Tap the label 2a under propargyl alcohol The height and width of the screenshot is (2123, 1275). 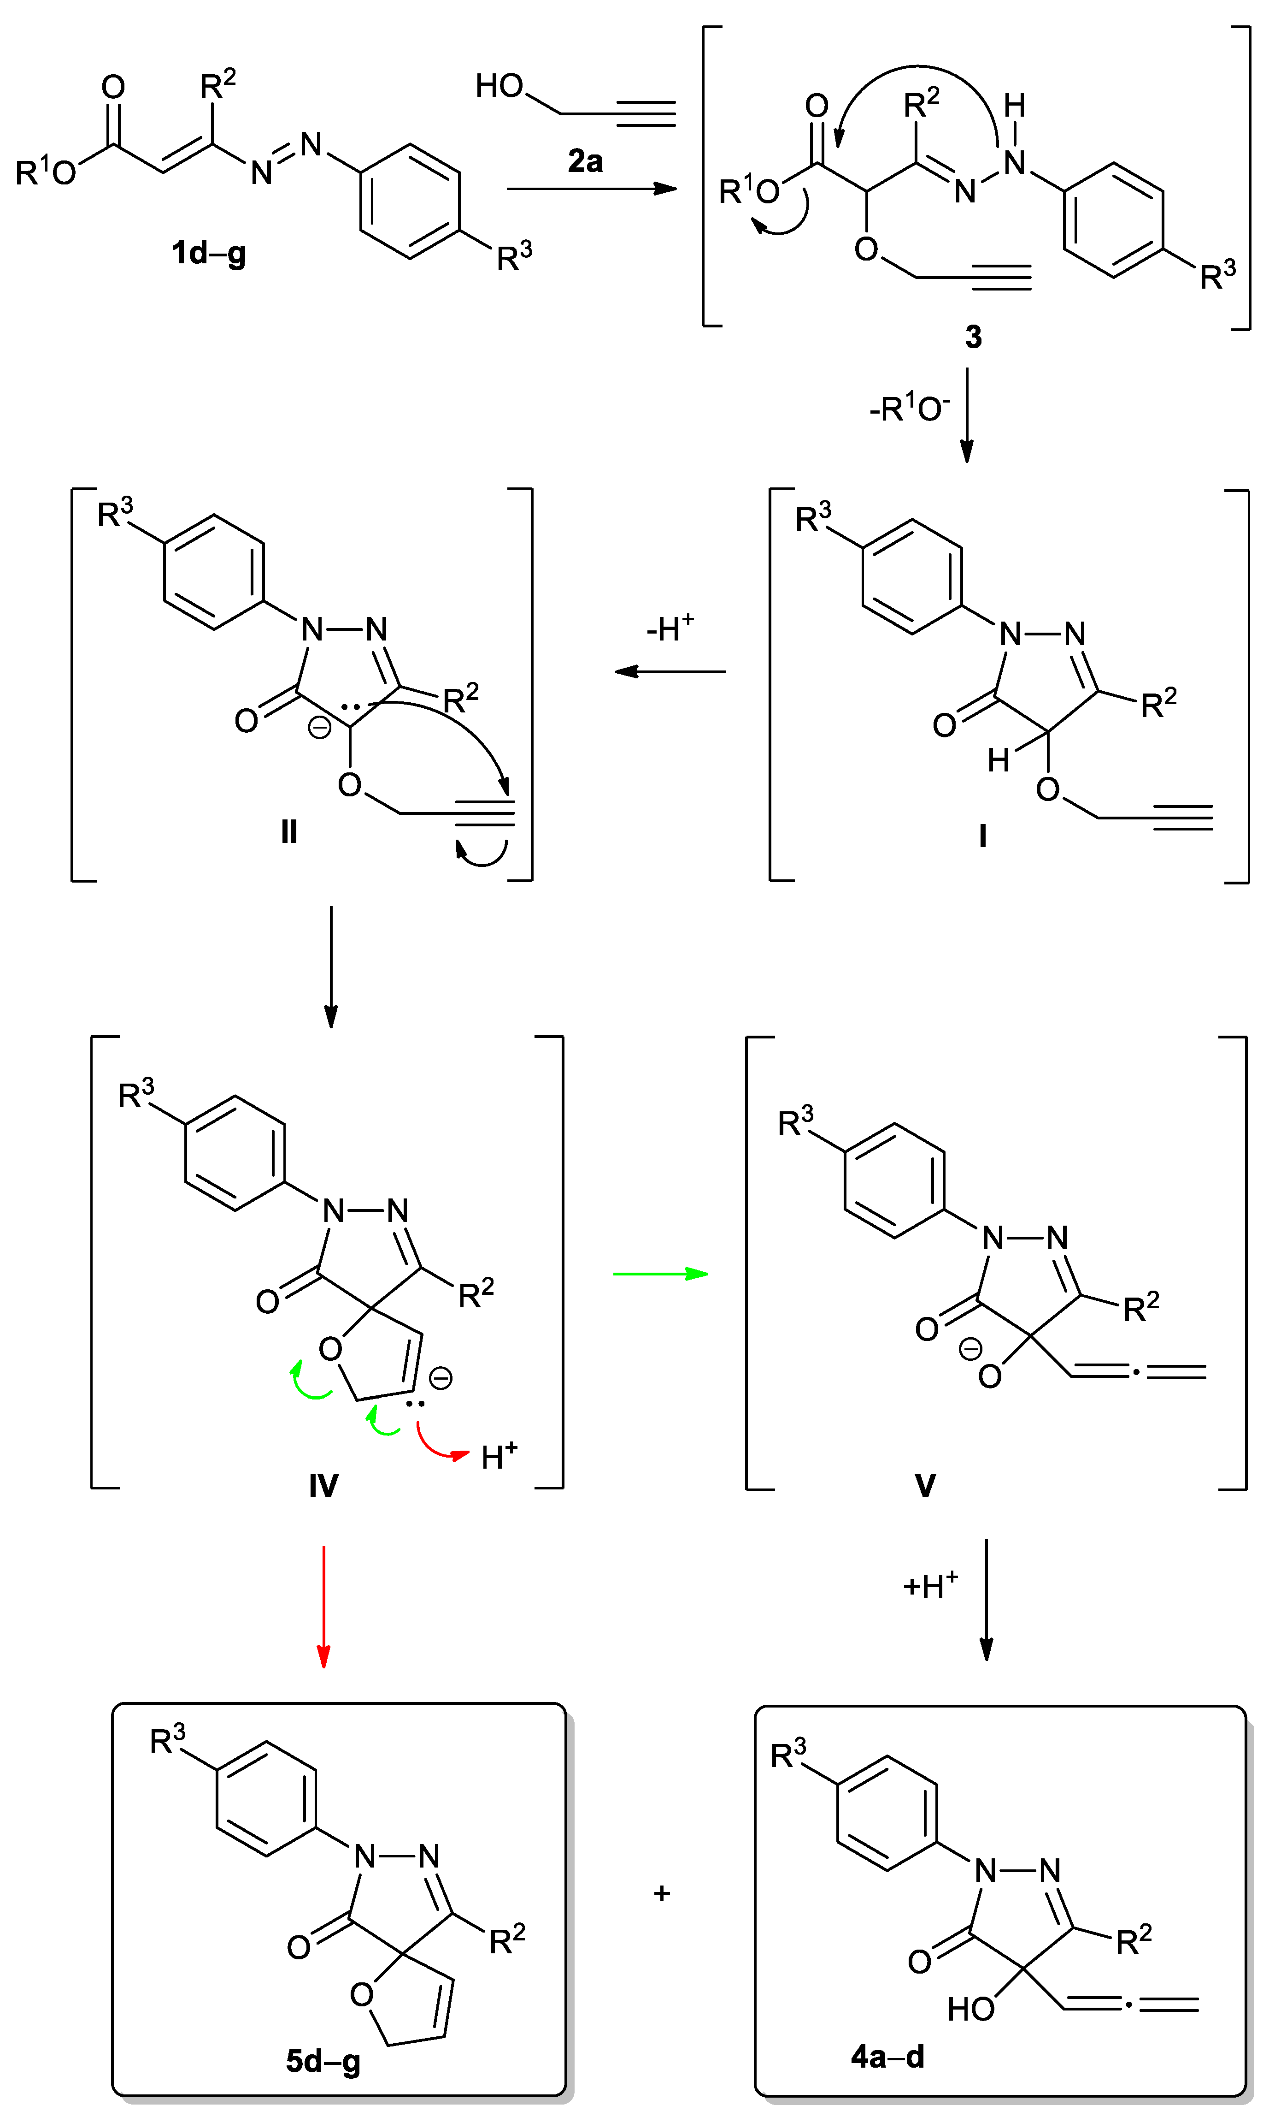[x=585, y=161]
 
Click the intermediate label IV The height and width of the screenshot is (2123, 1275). [x=324, y=1485]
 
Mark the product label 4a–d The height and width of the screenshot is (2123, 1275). [x=887, y=2056]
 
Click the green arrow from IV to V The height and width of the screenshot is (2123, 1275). [x=660, y=1273]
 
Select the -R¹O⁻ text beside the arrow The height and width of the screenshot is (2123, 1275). [x=909, y=408]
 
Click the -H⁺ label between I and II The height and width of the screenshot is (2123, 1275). [x=670, y=629]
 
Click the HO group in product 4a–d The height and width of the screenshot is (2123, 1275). [x=971, y=2009]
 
